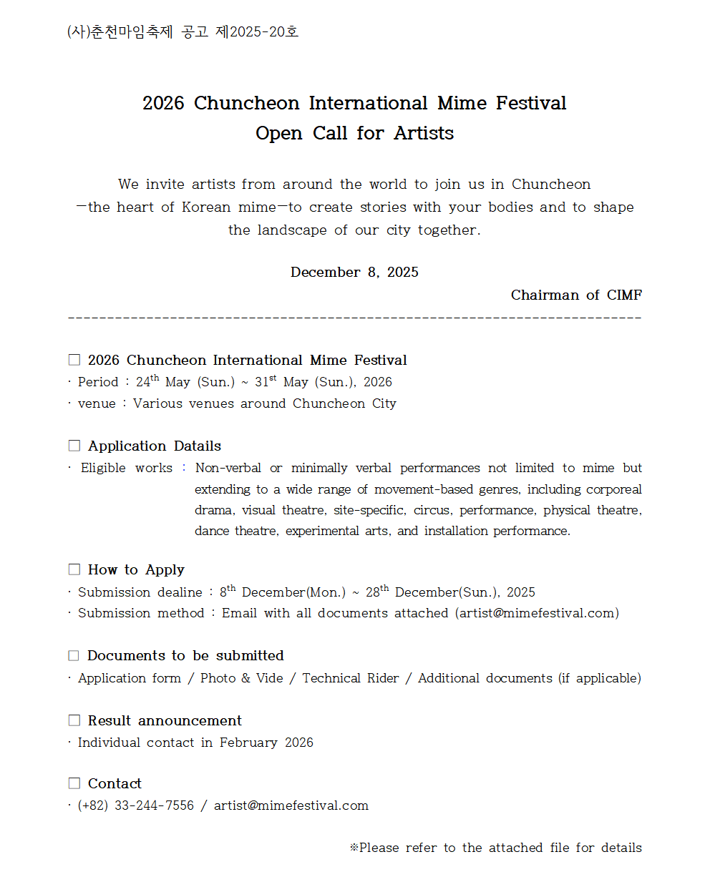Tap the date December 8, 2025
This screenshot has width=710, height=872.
tap(354, 273)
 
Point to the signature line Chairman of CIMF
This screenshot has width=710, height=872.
tap(576, 295)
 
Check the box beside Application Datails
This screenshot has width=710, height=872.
tap(74, 446)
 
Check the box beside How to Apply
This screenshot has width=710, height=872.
tap(74, 569)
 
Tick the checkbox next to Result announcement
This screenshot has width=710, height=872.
tap(74, 720)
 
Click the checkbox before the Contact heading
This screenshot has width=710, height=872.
tap(74, 783)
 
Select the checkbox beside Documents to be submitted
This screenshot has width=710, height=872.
tap(74, 655)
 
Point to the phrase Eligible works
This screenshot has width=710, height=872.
tap(126, 468)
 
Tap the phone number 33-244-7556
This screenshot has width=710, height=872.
tap(154, 805)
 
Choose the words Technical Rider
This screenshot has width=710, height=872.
tap(351, 678)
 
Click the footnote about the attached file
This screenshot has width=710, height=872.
tap(495, 848)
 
